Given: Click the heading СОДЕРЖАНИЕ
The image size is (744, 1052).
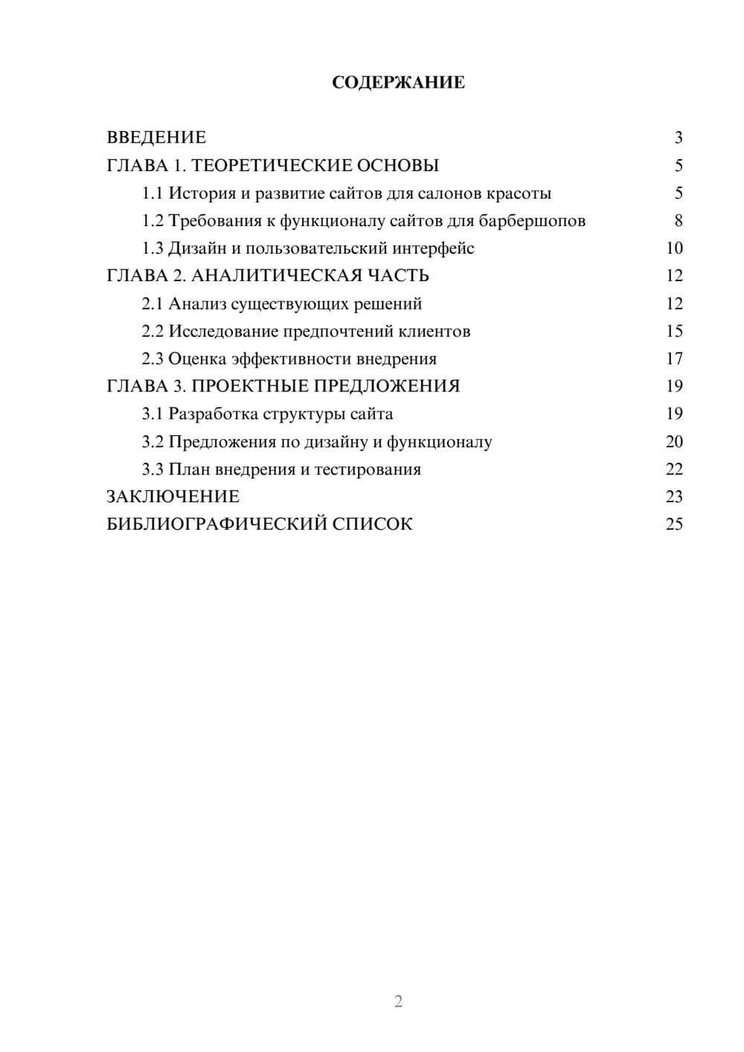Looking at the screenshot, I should pos(398,83).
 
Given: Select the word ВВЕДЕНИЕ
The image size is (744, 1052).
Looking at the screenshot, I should pos(156,138).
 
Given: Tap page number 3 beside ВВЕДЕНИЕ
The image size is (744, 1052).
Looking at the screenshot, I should pos(678,138).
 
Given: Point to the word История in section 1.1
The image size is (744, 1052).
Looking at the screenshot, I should pos(195,193).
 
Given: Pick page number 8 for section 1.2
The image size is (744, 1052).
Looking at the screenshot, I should pos(678,221).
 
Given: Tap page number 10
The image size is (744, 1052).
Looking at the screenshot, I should pos(674,248).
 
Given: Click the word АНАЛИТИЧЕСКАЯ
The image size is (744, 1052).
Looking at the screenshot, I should pos(275,276).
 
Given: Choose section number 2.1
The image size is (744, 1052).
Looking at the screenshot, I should pos(152,304).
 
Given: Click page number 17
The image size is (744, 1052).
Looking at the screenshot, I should pos(674,359).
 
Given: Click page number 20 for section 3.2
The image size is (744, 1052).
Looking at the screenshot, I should pos(674,441).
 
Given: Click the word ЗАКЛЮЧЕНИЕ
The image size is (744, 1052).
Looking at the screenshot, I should pos(173,496).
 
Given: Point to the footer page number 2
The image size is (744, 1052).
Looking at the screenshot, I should pos(398,1001).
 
